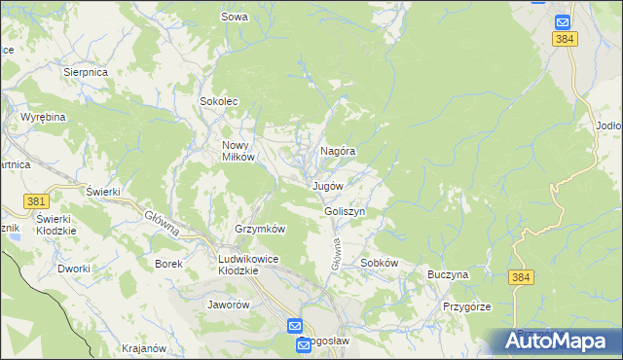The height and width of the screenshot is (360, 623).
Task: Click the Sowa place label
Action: [235, 17]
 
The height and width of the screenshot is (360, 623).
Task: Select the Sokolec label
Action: [219, 101]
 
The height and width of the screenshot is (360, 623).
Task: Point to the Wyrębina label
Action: [43, 117]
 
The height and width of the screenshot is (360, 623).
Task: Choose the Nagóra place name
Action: [337, 152]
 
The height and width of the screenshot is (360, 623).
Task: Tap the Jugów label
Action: [328, 185]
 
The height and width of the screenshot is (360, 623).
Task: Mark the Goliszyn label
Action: [345, 211]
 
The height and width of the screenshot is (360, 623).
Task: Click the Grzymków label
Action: [259, 229]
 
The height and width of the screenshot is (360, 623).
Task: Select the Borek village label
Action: [169, 263]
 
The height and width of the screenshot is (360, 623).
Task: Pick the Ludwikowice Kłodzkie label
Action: [238, 265]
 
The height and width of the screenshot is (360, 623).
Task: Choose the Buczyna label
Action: [448, 275]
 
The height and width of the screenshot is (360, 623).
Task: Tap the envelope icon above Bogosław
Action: [295, 326]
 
